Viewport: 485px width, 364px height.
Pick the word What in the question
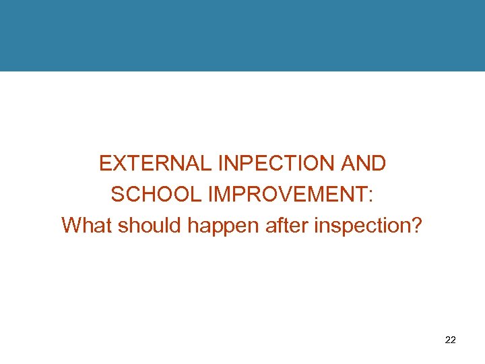[x=87, y=224]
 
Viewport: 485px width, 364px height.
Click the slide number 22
[x=451, y=340]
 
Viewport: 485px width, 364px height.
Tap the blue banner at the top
[x=243, y=35]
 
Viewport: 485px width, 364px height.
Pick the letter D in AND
[x=378, y=163]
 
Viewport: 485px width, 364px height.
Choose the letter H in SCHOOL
[x=143, y=194]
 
